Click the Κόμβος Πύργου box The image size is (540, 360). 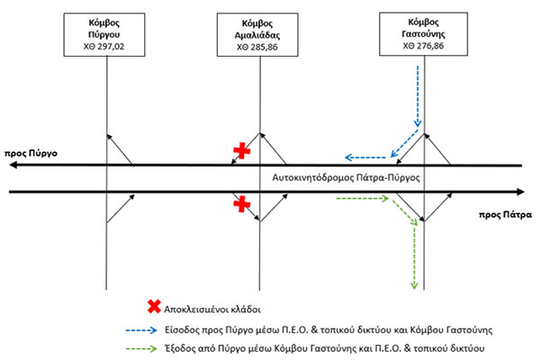coord(106,34)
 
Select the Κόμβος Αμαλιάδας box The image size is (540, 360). coord(260,34)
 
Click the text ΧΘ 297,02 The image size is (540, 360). coord(106,44)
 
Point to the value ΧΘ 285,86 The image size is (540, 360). coord(260,44)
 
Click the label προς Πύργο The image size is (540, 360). coord(31,154)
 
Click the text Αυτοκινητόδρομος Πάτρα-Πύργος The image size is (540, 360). coord(346,178)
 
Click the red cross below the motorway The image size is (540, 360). coord(241,205)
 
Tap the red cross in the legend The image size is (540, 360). coord(155,305)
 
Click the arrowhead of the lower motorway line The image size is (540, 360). coord(520,192)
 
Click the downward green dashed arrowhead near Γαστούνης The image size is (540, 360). coord(414,285)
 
